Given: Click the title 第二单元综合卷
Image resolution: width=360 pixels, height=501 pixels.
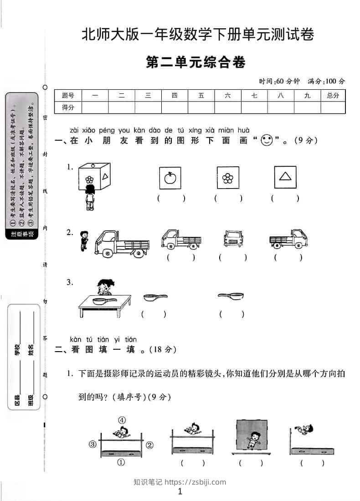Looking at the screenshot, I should [195, 62].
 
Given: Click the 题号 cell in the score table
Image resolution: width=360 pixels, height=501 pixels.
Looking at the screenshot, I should [67, 96].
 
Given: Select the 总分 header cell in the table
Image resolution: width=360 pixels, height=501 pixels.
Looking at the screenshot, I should [333, 96].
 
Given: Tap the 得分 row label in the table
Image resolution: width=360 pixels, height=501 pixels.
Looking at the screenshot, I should [67, 107].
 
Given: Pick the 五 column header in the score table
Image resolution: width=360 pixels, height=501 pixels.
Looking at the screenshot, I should [201, 96].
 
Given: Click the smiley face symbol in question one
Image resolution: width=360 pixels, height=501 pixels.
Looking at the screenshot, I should [266, 141].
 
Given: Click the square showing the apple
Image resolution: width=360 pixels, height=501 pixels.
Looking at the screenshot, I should [170, 178].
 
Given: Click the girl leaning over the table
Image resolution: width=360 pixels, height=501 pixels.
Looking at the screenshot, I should [104, 288].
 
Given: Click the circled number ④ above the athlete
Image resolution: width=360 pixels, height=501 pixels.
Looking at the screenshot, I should [122, 420].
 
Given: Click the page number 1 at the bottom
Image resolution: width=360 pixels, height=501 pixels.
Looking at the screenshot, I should [180, 491].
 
